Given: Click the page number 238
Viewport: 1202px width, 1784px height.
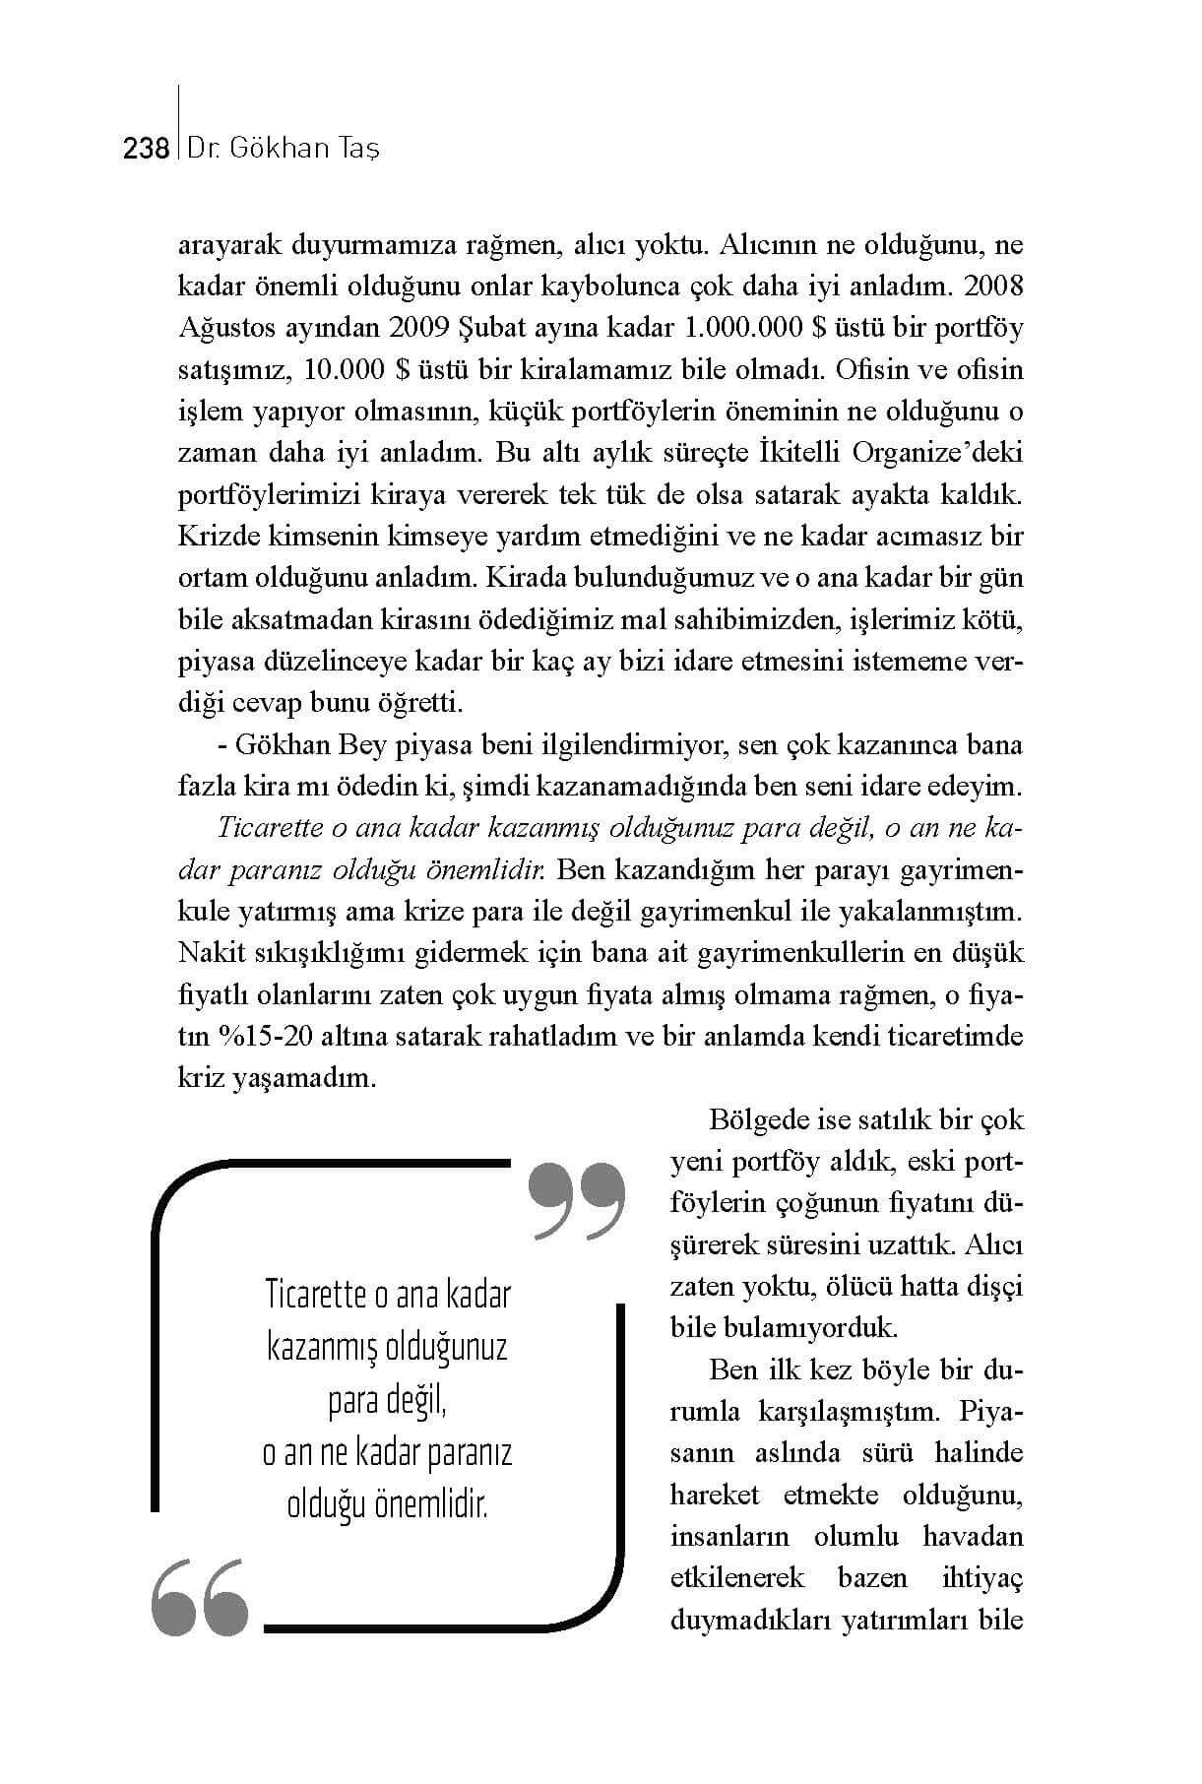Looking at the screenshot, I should (147, 149).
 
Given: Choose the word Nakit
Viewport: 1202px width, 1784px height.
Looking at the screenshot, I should (210, 953).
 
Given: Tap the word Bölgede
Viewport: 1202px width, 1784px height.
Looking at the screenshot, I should (758, 1119).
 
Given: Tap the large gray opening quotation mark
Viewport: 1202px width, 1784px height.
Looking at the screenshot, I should (200, 1598).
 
